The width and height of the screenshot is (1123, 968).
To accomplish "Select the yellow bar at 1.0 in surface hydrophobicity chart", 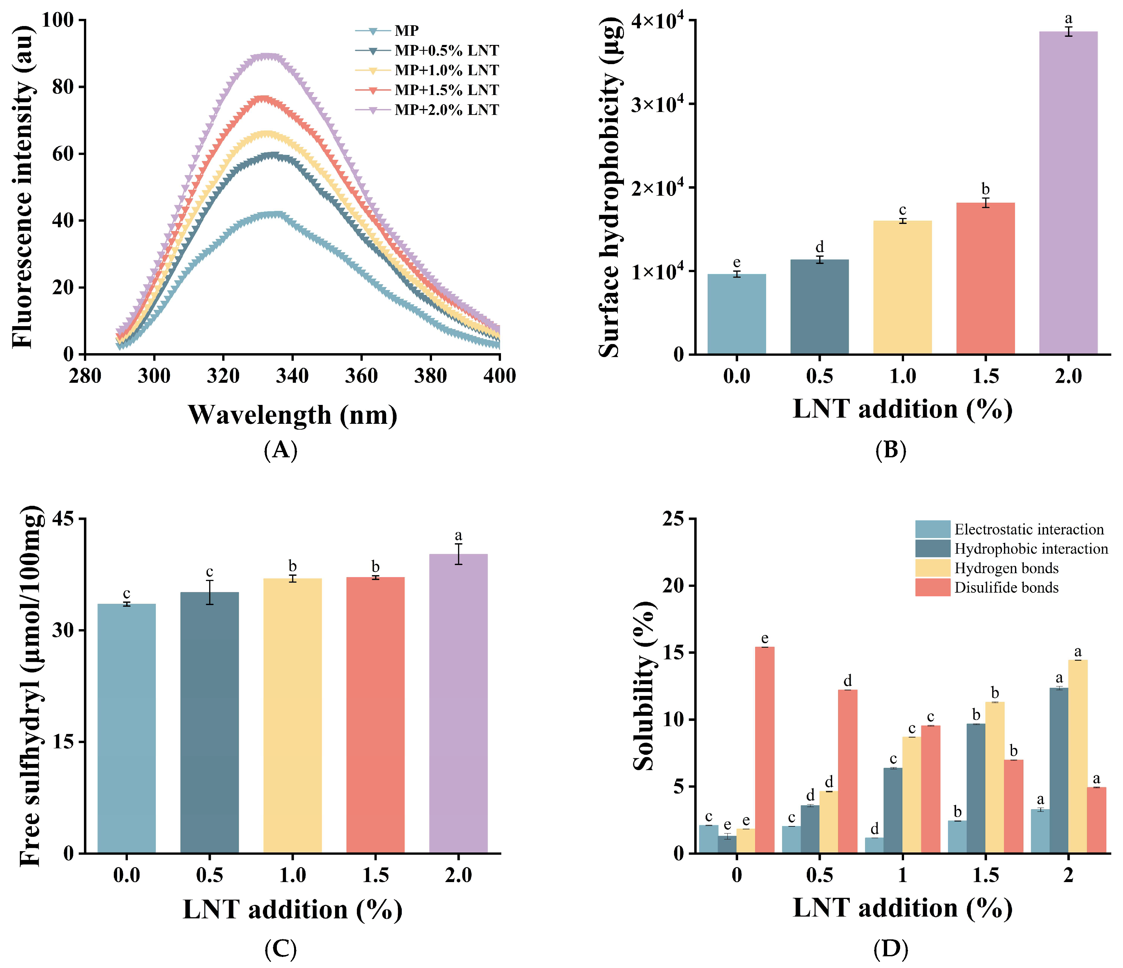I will [902, 287].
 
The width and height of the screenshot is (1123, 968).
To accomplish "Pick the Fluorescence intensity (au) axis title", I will [23, 187].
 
